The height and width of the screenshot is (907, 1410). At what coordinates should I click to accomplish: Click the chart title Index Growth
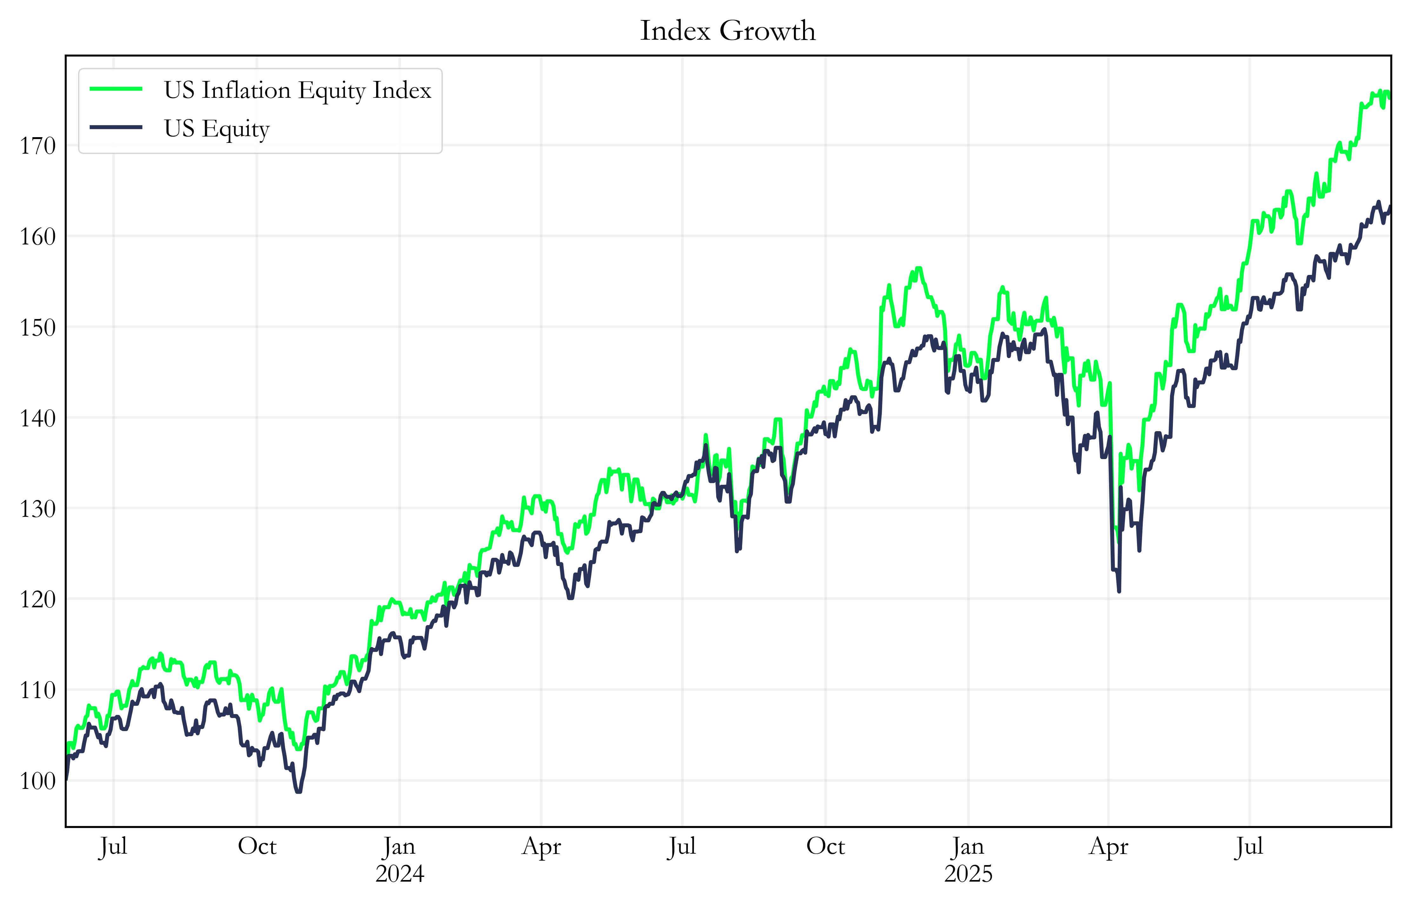pos(728,30)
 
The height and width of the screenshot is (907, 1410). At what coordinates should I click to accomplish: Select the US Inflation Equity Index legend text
pos(297,90)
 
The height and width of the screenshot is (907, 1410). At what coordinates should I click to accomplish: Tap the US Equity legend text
pos(217,128)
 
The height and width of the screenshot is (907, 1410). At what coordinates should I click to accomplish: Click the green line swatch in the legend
pos(116,89)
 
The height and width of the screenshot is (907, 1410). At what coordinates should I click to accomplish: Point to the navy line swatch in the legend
pos(116,127)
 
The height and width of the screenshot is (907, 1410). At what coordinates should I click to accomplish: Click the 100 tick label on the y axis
pos(38,781)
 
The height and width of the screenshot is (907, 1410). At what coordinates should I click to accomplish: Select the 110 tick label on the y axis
pos(38,690)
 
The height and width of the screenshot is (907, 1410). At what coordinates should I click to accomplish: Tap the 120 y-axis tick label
pos(38,600)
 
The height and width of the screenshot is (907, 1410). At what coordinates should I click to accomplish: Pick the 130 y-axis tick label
pos(38,509)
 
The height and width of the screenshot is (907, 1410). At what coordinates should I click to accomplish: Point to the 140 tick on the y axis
pos(38,418)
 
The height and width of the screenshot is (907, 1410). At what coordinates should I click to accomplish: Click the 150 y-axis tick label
pos(38,327)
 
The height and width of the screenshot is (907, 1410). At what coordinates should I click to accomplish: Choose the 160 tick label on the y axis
pos(38,237)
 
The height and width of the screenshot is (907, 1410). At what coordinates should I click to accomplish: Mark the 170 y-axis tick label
pos(38,146)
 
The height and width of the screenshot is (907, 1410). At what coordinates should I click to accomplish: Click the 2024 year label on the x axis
pos(400,874)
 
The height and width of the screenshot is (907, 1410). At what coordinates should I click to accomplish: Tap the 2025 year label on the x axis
pos(968,874)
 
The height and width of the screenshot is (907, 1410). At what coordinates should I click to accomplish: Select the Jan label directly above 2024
pos(400,847)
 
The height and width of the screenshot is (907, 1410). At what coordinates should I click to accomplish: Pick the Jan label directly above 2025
pos(968,847)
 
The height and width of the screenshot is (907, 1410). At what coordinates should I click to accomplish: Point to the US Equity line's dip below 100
pos(298,791)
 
